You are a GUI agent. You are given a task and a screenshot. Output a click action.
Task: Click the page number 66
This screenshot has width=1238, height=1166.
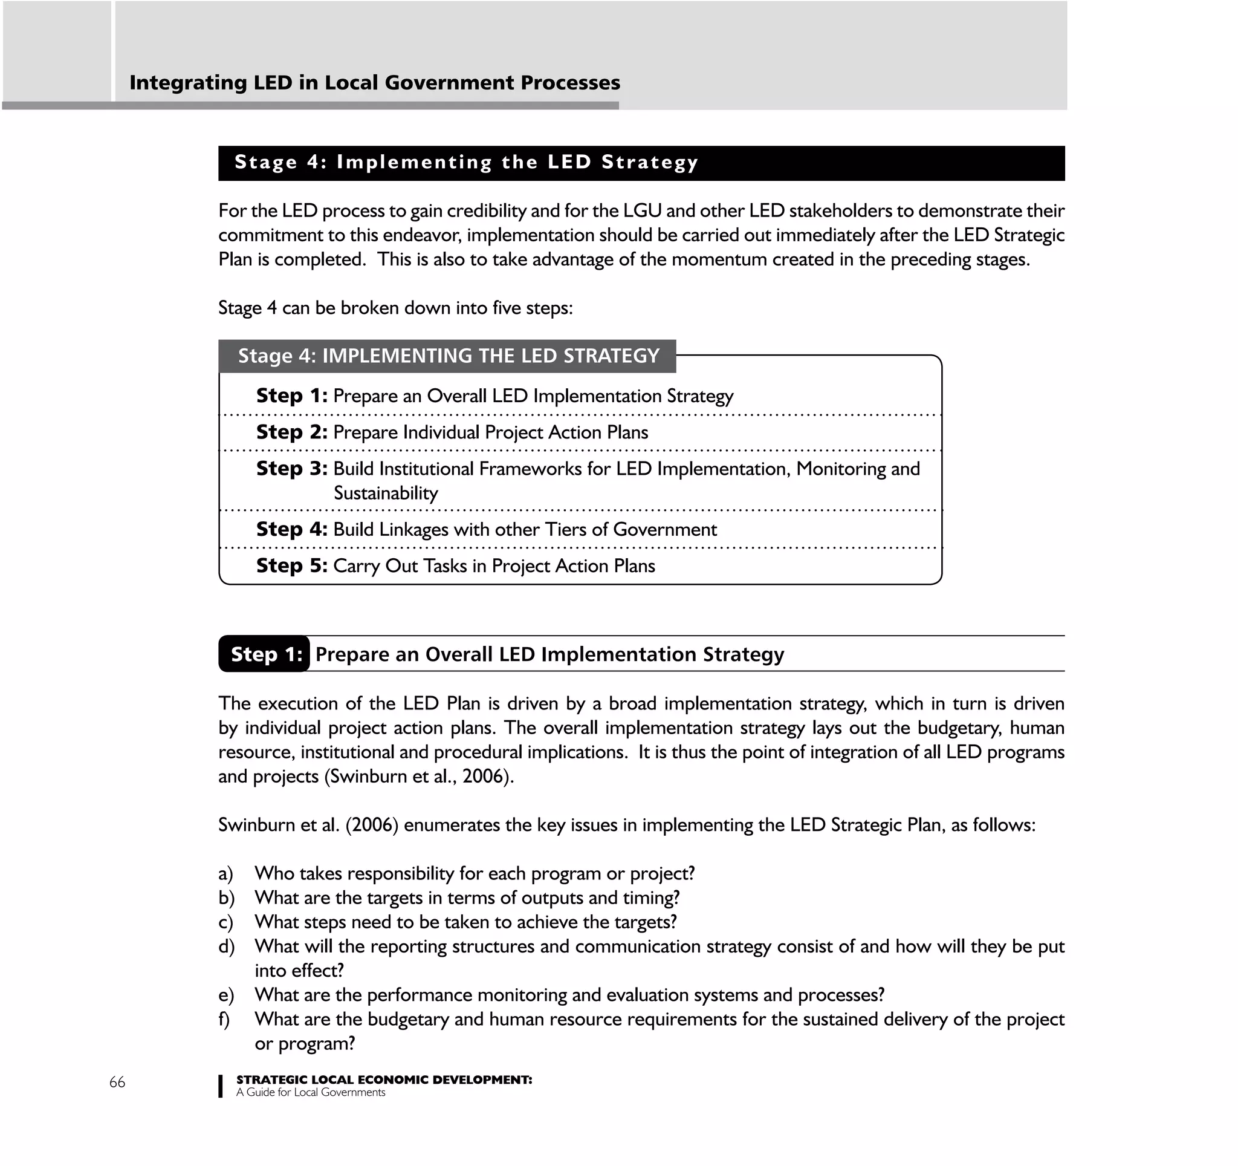coord(117,1082)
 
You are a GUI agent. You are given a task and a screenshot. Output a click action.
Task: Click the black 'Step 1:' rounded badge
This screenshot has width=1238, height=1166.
coord(265,654)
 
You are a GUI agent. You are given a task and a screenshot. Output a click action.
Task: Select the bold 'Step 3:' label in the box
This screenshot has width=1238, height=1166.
coord(291,468)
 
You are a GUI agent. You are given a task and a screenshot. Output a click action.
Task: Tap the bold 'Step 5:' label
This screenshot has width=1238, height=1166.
coord(291,565)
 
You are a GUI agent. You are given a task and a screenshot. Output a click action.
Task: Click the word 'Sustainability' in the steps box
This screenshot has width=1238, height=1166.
coord(386,493)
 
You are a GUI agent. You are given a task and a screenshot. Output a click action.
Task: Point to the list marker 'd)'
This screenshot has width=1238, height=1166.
coord(226,946)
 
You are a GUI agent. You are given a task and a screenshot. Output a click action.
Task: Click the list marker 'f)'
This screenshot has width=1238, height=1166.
coord(224,1019)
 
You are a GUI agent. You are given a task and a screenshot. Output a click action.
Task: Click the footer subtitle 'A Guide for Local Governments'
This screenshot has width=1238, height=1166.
coord(311,1092)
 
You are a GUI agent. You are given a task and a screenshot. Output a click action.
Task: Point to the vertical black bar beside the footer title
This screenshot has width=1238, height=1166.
coord(221,1086)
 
